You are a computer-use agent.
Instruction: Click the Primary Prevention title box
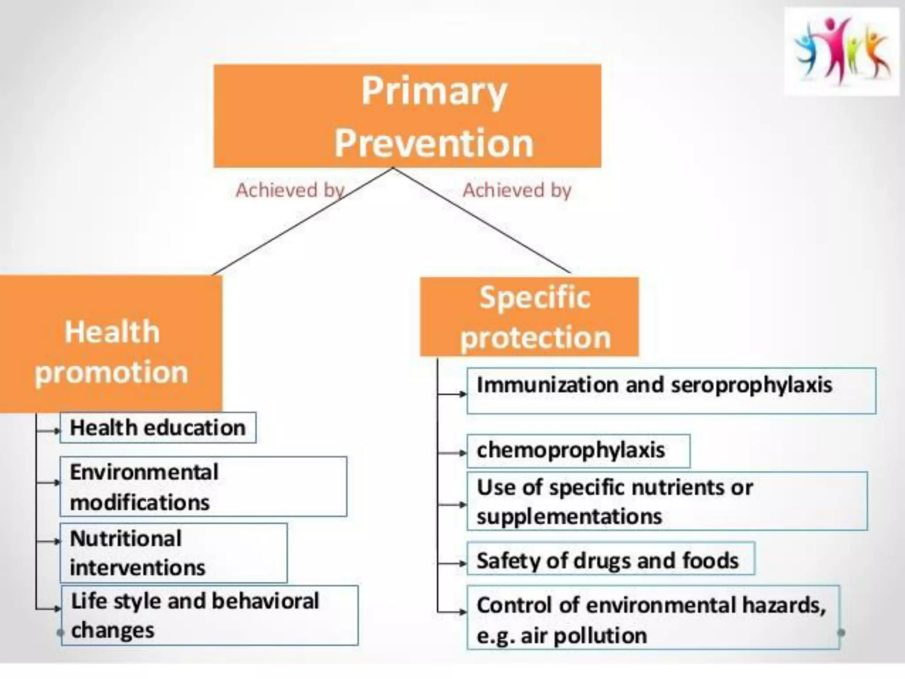click(x=407, y=116)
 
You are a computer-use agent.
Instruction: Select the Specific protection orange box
click(x=529, y=317)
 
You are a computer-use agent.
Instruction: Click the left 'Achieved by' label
click(x=289, y=190)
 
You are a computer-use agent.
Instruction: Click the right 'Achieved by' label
click(x=517, y=190)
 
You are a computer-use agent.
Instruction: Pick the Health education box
click(x=158, y=427)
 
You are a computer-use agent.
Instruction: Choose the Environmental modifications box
click(x=203, y=486)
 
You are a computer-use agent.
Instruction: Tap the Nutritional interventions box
click(x=173, y=553)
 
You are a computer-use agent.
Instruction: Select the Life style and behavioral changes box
click(x=209, y=615)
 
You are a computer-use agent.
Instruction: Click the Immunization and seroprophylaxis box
click(x=671, y=390)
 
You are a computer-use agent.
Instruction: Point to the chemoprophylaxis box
click(x=578, y=451)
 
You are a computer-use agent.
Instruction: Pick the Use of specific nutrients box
click(x=667, y=501)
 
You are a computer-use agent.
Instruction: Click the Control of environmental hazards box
click(x=653, y=618)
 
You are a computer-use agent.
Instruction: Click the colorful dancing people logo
click(x=841, y=52)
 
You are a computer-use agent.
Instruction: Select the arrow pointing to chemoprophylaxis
click(x=452, y=453)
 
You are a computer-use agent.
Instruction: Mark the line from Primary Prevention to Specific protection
click(x=482, y=220)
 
